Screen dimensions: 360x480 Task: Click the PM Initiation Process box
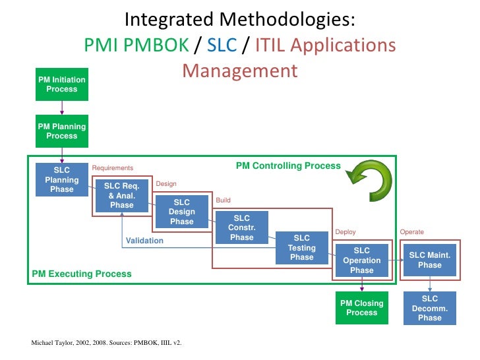click(x=61, y=84)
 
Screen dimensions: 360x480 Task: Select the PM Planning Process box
click(x=61, y=131)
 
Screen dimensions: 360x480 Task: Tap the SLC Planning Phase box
click(x=61, y=179)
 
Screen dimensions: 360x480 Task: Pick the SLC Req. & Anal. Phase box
click(x=121, y=195)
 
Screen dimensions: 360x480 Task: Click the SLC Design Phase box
click(x=181, y=212)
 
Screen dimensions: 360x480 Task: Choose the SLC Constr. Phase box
click(x=241, y=227)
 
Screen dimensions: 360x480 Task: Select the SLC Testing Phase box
click(x=301, y=248)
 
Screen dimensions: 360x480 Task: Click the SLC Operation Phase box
click(x=361, y=260)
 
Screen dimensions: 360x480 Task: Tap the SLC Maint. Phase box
click(x=429, y=260)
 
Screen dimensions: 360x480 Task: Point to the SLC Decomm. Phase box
click(x=429, y=308)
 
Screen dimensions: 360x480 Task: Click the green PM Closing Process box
click(x=361, y=308)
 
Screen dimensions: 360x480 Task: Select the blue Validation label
click(x=144, y=241)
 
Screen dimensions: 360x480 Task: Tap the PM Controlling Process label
click(x=288, y=166)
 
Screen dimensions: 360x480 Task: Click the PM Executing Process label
click(x=82, y=274)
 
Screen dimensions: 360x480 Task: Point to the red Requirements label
click(x=112, y=168)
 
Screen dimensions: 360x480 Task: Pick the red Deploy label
click(x=345, y=232)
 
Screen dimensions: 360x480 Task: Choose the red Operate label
click(x=411, y=232)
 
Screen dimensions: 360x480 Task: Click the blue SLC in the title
click(x=222, y=45)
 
